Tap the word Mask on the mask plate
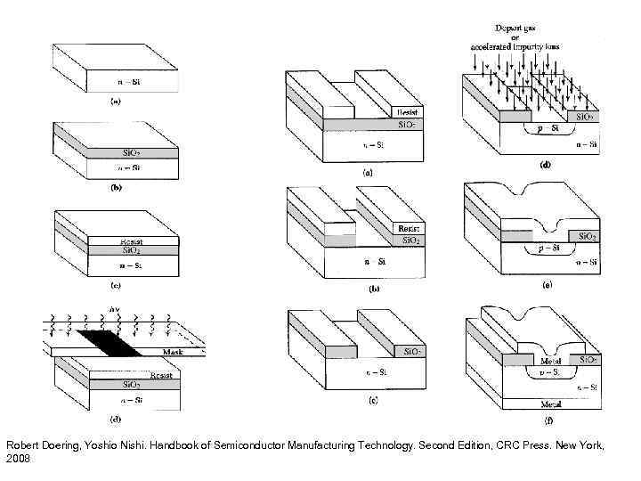pyautogui.click(x=173, y=353)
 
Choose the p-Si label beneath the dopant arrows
pyautogui.click(x=537, y=130)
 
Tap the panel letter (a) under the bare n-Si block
pyautogui.click(x=115, y=102)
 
